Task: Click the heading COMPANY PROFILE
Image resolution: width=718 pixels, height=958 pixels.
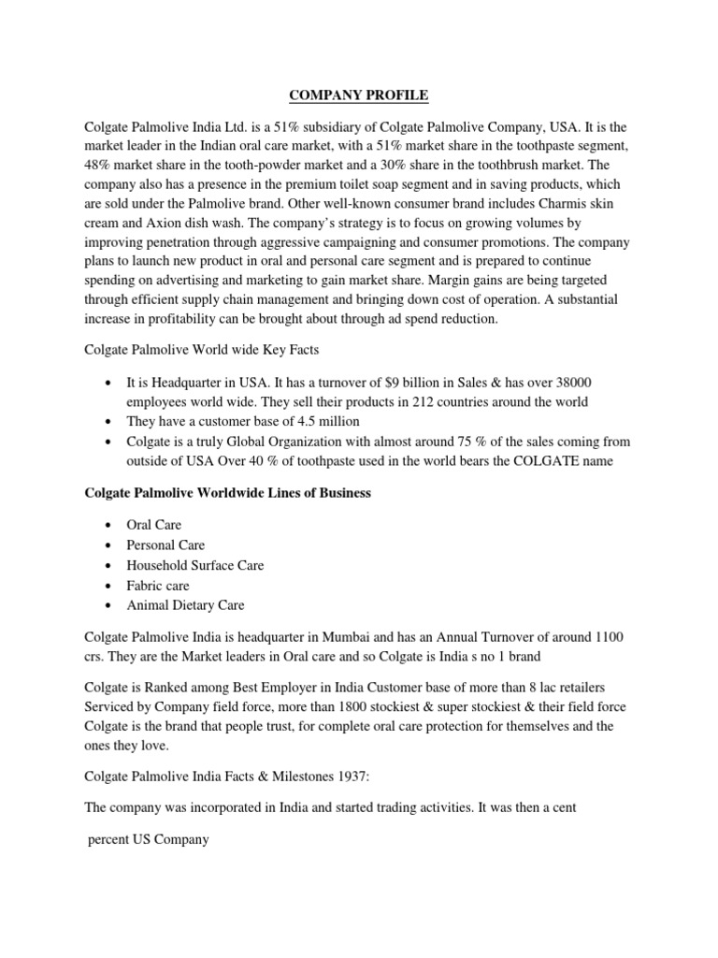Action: point(359,94)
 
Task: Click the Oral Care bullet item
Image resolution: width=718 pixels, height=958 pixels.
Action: point(154,525)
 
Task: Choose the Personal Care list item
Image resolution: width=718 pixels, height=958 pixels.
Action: point(165,544)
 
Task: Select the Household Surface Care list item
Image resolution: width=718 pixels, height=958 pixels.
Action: point(195,565)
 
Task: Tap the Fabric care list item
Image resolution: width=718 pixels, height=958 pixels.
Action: point(158,586)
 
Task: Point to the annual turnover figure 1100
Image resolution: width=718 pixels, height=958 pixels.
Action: point(608,637)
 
